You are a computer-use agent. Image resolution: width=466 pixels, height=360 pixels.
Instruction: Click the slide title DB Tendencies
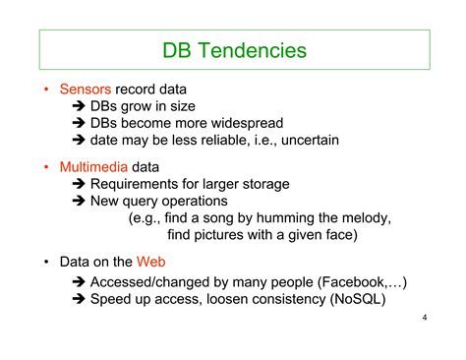[234, 49]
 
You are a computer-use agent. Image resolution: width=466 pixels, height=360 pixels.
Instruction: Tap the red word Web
[150, 262]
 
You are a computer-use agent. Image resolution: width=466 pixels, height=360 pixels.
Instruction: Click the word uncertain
[308, 140]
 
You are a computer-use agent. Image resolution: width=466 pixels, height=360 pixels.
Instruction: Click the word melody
[363, 217]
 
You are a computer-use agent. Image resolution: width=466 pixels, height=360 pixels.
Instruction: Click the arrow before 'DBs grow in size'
[80, 106]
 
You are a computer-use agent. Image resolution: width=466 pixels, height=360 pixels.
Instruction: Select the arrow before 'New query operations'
[80, 201]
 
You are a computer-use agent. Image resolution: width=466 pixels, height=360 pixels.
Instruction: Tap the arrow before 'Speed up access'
[80, 300]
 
